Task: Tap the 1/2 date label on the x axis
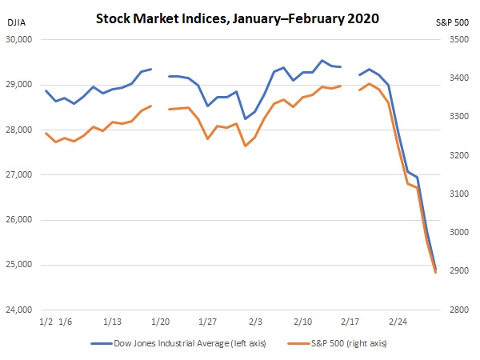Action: pos(47,322)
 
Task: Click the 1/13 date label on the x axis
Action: pos(113,322)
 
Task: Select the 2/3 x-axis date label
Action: pos(255,322)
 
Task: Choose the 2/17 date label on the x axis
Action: pos(350,322)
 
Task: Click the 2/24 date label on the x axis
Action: pos(398,322)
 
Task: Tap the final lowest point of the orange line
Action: pos(435,273)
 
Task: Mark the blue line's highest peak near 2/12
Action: pos(322,60)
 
